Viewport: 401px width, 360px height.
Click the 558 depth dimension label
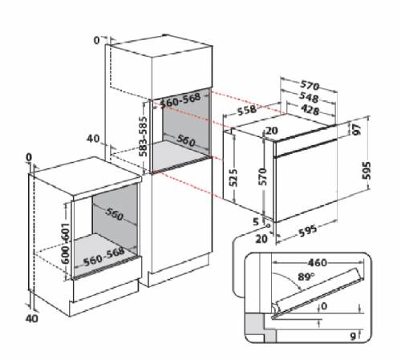[x=247, y=110]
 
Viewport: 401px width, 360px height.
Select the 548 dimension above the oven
[x=309, y=97]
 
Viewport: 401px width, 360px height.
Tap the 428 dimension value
[x=310, y=110]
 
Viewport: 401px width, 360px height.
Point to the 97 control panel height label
[x=357, y=129]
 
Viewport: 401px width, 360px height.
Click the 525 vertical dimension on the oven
[x=233, y=177]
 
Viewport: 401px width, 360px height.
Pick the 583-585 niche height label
[x=144, y=136]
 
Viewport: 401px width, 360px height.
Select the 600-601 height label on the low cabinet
[x=65, y=243]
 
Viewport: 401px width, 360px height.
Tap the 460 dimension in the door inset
[x=318, y=263]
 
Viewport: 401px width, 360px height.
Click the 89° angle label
[x=306, y=277]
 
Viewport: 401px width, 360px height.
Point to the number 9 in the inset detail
[x=353, y=336]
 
